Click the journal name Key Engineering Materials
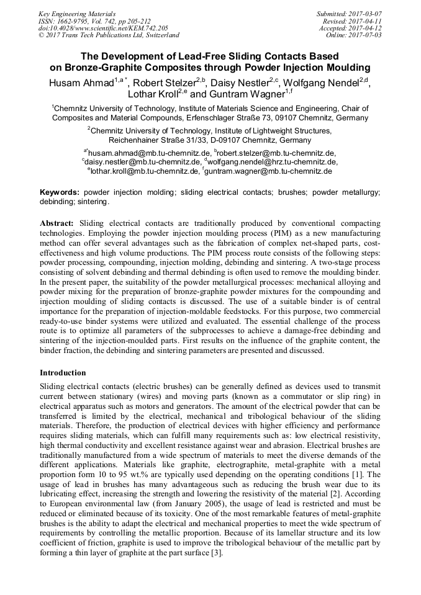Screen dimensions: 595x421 pyautogui.click(x=76, y=13)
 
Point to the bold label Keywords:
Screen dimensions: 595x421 pyautogui.click(x=60, y=193)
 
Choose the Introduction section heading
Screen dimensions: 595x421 pyautogui.click(x=63, y=373)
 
